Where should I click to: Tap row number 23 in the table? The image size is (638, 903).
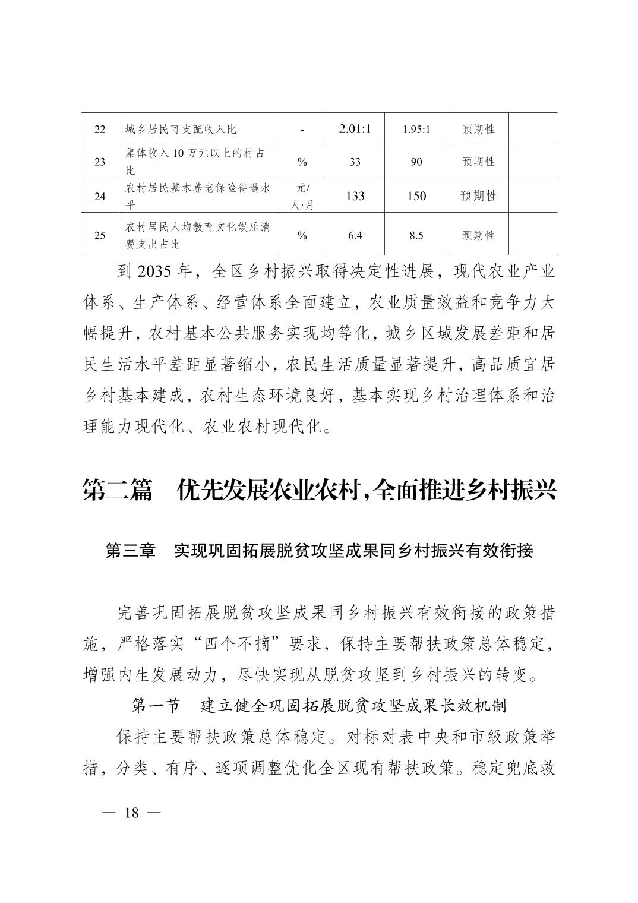tap(100, 162)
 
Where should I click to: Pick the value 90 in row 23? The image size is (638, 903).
tap(416, 162)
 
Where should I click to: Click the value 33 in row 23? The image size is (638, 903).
tap(355, 162)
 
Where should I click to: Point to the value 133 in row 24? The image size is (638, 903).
tap(355, 196)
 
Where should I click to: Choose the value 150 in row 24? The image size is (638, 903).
tap(416, 196)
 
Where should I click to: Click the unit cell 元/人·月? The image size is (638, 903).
tap(302, 196)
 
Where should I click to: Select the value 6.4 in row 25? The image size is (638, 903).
tap(355, 235)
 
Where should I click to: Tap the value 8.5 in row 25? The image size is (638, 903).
tap(416, 235)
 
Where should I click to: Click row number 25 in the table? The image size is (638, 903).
tap(100, 235)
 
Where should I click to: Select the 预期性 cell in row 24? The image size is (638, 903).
tap(478, 196)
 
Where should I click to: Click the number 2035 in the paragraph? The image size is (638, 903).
tap(154, 272)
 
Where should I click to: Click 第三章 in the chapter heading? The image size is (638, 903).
tap(130, 551)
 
